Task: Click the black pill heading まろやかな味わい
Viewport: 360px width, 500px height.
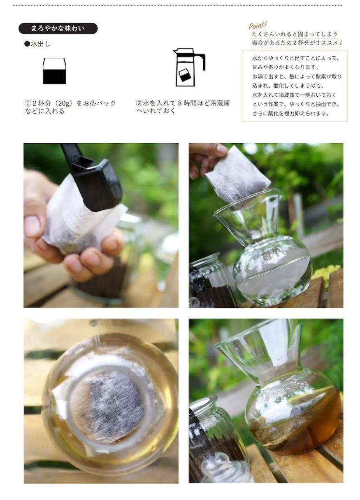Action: pyautogui.click(x=58, y=28)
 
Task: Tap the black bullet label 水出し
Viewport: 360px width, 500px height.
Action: pyautogui.click(x=37, y=44)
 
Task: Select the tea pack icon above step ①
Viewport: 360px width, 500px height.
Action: pyautogui.click(x=54, y=71)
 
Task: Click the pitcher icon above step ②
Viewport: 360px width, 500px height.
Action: pyautogui.click(x=189, y=67)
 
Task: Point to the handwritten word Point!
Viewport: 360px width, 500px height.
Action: pyautogui.click(x=258, y=25)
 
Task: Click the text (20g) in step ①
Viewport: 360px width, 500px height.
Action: pyautogui.click(x=65, y=103)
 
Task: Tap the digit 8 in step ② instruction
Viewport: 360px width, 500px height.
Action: pyautogui.click(x=180, y=103)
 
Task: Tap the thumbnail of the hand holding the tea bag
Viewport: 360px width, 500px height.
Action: pyautogui.click(x=101, y=225)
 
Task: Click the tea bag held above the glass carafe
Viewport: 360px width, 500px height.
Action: pyautogui.click(x=238, y=176)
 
